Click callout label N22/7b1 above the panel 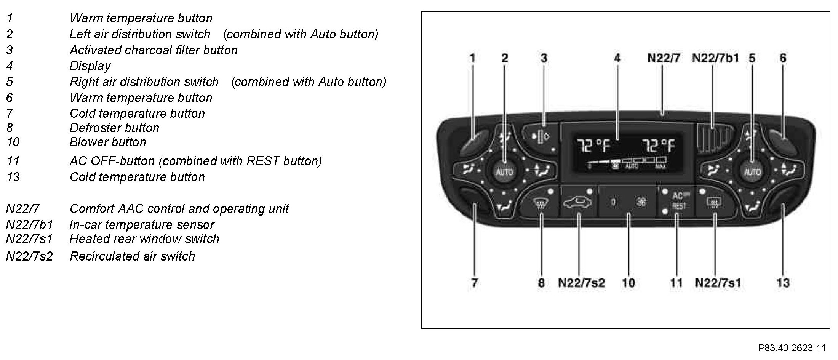click(x=715, y=58)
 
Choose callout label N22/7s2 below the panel click(x=581, y=283)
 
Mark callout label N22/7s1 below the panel click(x=718, y=283)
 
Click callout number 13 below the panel click(x=783, y=283)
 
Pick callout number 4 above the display click(x=617, y=58)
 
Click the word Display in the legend click(x=90, y=66)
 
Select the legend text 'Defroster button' click(x=114, y=128)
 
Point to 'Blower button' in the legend click(x=108, y=142)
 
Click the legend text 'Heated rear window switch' click(x=144, y=239)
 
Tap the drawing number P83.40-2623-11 click(x=792, y=348)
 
